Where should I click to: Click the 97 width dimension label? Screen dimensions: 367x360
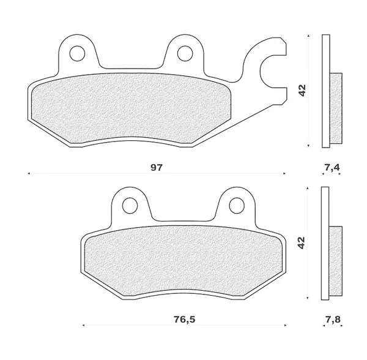pyautogui.click(x=157, y=168)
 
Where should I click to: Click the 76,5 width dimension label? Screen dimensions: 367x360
pyautogui.click(x=185, y=319)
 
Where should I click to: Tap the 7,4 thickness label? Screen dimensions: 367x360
pyautogui.click(x=332, y=167)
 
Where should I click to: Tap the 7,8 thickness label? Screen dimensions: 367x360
pyautogui.click(x=333, y=319)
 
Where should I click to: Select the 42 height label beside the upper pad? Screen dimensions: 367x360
pyautogui.click(x=302, y=91)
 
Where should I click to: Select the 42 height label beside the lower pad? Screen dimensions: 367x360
pyautogui.click(x=302, y=243)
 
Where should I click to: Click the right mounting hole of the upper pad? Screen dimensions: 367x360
pyautogui.click(x=185, y=54)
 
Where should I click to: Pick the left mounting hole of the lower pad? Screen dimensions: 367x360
pyautogui.click(x=130, y=206)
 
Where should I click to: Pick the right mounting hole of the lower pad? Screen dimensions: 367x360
pyautogui.click(x=237, y=206)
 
